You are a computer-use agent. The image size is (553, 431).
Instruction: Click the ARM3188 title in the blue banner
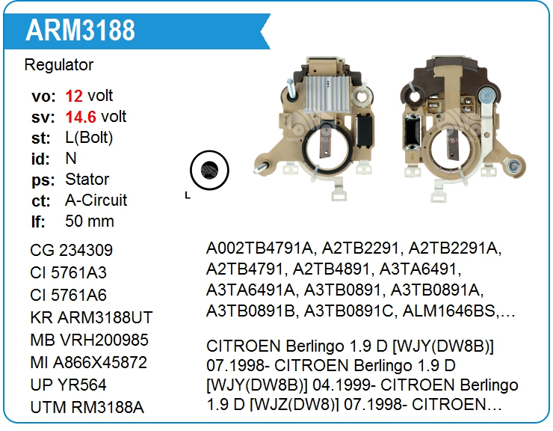(x=80, y=30)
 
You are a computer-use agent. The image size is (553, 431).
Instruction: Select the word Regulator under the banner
(x=59, y=65)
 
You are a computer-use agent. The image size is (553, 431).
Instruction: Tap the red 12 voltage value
(x=74, y=96)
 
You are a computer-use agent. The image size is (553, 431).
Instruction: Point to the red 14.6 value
(x=81, y=117)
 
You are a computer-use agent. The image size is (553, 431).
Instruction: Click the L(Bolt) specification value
(x=89, y=138)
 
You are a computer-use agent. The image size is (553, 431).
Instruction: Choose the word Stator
(x=87, y=180)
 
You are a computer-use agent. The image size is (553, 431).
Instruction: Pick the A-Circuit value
(x=96, y=201)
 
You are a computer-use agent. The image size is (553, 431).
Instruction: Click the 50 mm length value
(x=90, y=221)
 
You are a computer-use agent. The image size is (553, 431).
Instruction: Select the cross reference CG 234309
(x=71, y=251)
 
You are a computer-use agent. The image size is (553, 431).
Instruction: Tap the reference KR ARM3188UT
(x=91, y=317)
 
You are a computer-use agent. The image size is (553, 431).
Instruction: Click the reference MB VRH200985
(x=89, y=340)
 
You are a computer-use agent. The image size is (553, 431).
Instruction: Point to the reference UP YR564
(x=68, y=385)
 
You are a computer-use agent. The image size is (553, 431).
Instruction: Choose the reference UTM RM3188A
(x=87, y=408)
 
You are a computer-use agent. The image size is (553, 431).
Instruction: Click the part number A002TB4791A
(x=259, y=248)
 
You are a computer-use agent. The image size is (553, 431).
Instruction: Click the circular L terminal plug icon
(x=209, y=171)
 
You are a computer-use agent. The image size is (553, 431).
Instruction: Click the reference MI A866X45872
(x=88, y=363)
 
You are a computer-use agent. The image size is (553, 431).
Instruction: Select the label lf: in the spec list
(x=38, y=221)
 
